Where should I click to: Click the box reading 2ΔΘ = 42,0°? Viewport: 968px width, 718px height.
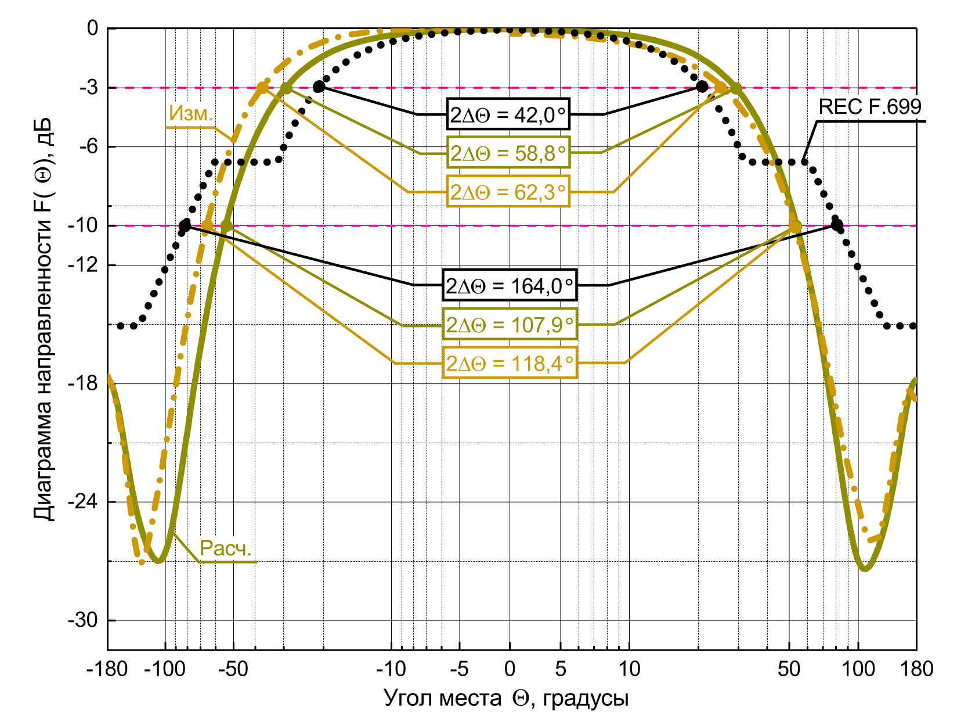click(x=508, y=114)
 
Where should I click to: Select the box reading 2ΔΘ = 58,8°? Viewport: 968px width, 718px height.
click(x=508, y=153)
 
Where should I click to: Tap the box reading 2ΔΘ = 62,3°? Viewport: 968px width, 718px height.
click(x=508, y=191)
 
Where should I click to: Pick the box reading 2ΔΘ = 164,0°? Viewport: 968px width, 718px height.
click(x=510, y=285)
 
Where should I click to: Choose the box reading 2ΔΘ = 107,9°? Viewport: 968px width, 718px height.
click(x=510, y=324)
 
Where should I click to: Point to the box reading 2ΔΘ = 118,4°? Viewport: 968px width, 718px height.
click(x=510, y=363)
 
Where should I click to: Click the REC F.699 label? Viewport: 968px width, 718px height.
click(x=869, y=107)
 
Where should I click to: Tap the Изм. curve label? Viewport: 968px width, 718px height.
click(x=191, y=114)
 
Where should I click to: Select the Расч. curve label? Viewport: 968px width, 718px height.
click(x=226, y=548)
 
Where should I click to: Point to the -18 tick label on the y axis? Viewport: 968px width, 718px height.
click(x=84, y=383)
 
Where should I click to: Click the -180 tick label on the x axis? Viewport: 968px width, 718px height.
click(x=107, y=669)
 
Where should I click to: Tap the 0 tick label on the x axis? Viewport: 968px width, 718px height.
click(x=510, y=669)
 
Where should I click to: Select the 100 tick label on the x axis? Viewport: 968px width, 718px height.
click(x=858, y=669)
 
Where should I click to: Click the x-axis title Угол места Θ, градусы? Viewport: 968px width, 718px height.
click(x=506, y=698)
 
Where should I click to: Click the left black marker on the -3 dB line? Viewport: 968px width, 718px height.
click(x=319, y=87)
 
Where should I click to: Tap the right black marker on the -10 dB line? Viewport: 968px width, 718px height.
click(x=837, y=224)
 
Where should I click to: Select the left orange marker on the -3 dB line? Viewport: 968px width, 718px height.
click(x=262, y=88)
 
